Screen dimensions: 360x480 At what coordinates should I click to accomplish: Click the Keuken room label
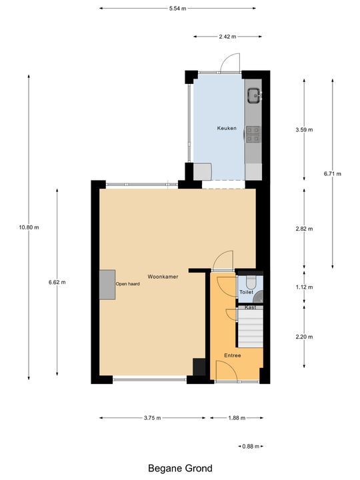(x=227, y=128)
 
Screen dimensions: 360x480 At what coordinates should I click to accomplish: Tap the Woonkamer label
(x=163, y=277)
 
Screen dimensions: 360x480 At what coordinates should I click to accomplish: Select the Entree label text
(x=233, y=355)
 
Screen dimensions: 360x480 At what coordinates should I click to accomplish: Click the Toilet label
(x=246, y=292)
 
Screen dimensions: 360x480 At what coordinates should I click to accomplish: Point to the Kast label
(x=250, y=307)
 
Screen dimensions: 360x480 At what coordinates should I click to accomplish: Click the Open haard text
(x=127, y=284)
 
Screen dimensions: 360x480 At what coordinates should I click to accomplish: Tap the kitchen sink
(x=254, y=95)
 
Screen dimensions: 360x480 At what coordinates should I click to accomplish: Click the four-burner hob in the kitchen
(x=253, y=135)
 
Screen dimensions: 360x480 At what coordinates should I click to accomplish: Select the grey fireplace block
(x=107, y=285)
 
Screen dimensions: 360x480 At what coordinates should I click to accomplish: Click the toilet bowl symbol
(x=251, y=283)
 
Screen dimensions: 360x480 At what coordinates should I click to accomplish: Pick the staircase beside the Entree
(x=251, y=329)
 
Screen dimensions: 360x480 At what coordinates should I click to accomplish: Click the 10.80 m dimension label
(x=29, y=227)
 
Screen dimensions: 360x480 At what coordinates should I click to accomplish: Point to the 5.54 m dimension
(x=177, y=9)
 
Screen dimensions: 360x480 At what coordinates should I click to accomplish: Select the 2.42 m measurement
(x=227, y=37)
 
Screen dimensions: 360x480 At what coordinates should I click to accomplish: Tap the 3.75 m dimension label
(x=152, y=418)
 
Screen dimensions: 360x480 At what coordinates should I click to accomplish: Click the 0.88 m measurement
(x=251, y=446)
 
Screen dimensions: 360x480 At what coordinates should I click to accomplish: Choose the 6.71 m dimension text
(x=333, y=174)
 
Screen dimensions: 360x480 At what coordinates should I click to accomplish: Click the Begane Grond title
(x=180, y=469)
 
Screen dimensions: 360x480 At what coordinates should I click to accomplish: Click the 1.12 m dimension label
(x=304, y=287)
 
